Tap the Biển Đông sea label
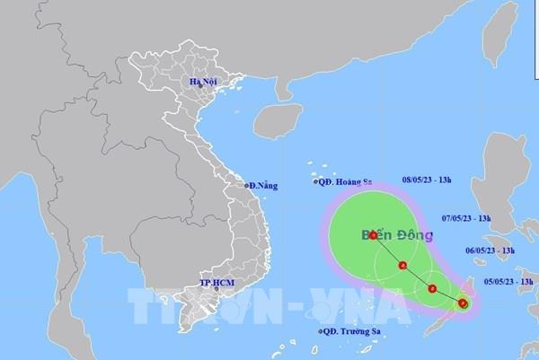pos(397,236)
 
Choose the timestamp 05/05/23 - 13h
pos(507,282)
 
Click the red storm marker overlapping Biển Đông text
pos(373,235)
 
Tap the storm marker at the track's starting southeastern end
pos(463,303)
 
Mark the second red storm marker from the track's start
pos(433,289)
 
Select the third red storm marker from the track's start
pos(403,265)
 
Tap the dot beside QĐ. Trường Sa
pos(319,333)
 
